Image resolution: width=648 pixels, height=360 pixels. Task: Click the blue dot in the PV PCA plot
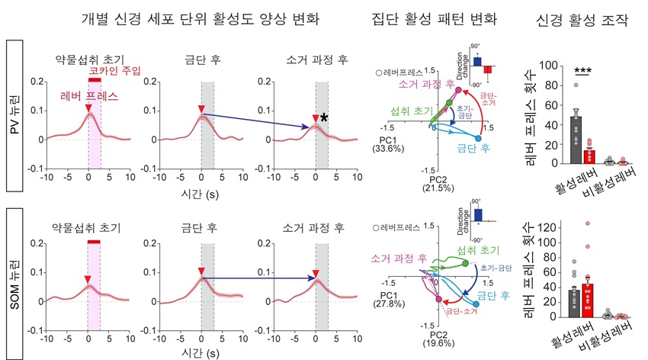pos(478,139)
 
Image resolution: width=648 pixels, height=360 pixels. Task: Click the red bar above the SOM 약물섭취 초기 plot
pos(94,242)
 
